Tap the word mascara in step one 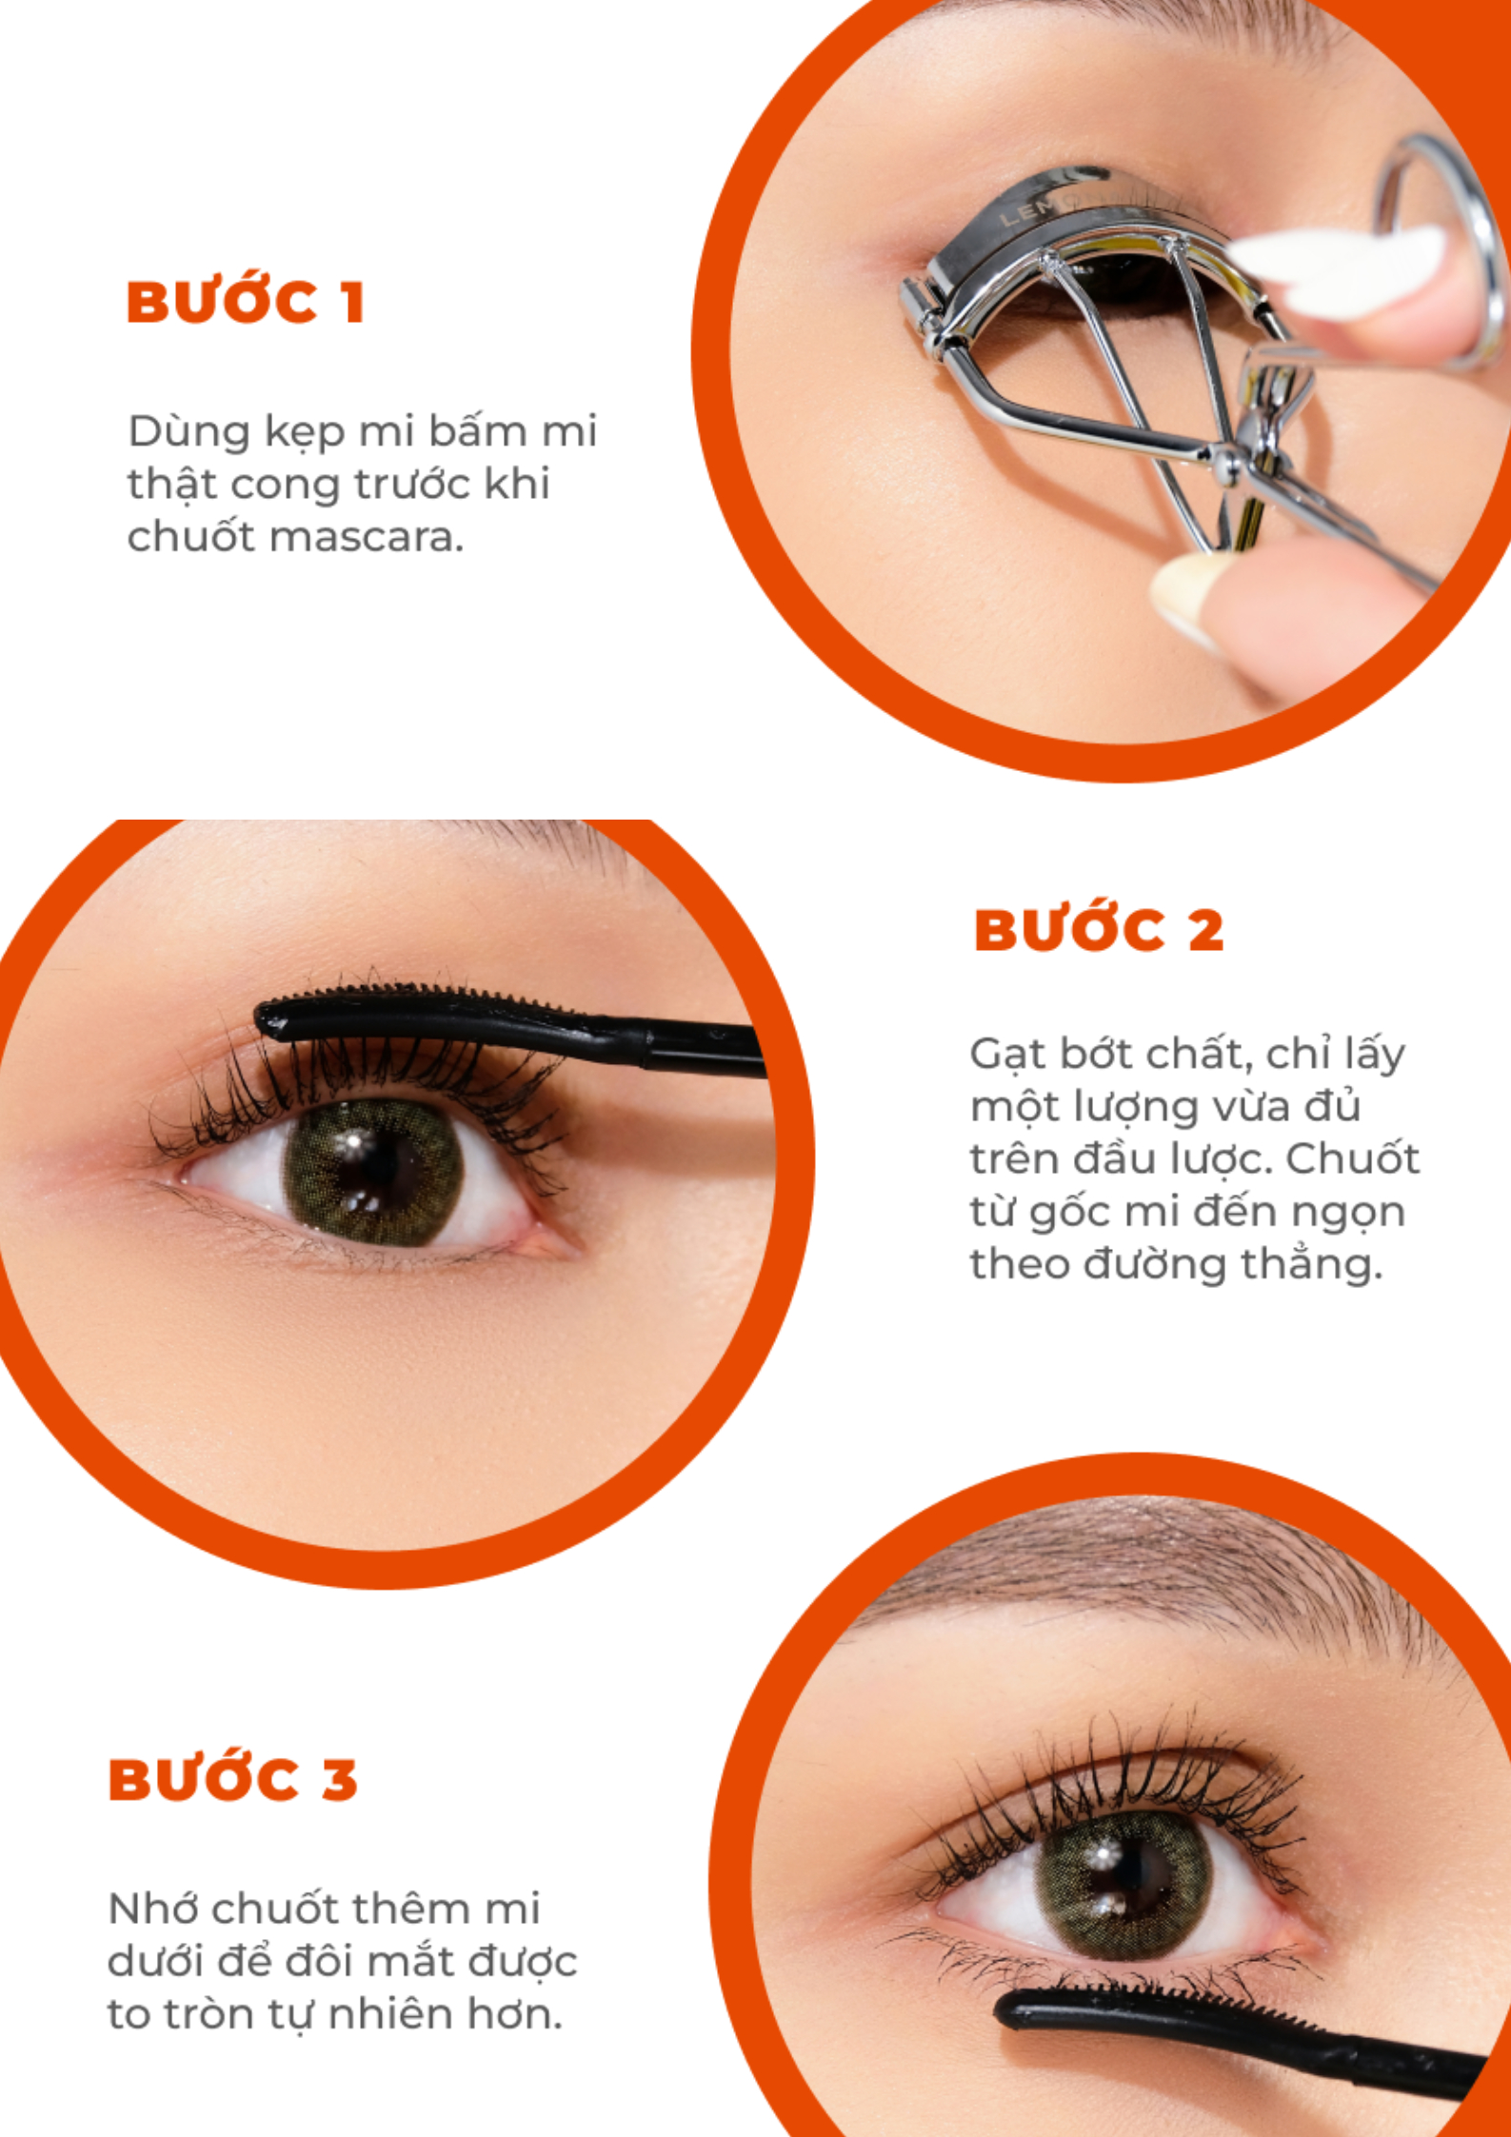[367, 538]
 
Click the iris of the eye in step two [372, 1173]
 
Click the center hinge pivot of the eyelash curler [1228, 465]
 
